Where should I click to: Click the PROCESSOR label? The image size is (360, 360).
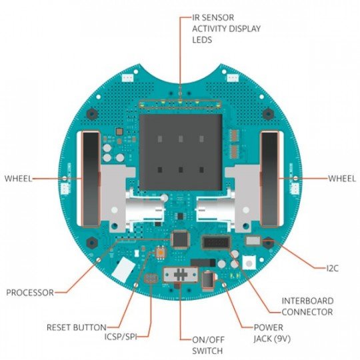tap(30, 293)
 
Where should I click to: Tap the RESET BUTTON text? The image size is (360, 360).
tap(77, 327)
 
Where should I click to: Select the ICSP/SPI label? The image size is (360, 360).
tap(121, 337)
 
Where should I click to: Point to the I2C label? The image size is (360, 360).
tap(332, 268)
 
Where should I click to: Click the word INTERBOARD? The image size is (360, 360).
tap(307, 301)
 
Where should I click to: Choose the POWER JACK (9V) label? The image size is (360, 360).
tap(272, 333)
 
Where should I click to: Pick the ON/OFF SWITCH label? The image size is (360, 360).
tap(208, 345)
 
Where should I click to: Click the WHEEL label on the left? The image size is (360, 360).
tap(18, 179)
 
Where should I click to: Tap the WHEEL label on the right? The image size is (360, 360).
tap(341, 179)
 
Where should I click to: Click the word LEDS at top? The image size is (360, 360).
tap(202, 40)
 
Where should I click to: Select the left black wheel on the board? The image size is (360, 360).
tap(91, 179)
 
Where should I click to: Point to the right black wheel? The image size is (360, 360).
tap(270, 179)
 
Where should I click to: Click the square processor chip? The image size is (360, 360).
tap(181, 239)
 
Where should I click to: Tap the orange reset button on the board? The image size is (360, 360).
tap(161, 253)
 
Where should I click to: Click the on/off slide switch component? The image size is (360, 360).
tap(181, 275)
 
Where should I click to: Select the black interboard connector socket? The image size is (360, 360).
tap(216, 243)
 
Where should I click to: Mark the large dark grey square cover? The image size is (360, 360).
tap(181, 152)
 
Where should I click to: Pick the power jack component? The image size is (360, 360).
tap(209, 279)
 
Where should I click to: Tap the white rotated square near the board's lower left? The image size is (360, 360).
tap(123, 269)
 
